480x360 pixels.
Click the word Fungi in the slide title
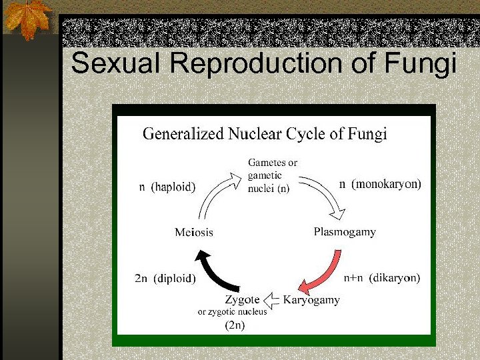[421, 64]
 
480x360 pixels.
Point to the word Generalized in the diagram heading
[183, 134]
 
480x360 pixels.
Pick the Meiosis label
[194, 232]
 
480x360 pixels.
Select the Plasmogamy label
[345, 232]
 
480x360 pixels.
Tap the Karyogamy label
[311, 300]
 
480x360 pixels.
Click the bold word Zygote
[241, 300]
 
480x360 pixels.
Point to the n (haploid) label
[167, 187]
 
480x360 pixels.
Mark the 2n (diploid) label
[165, 279]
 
